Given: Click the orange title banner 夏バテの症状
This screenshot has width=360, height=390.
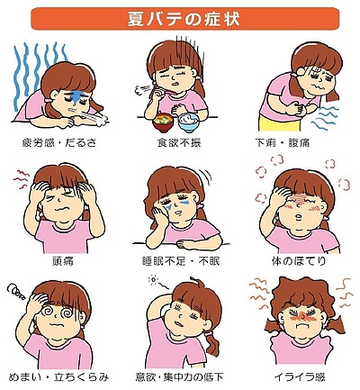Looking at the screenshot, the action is pyautogui.click(x=185, y=19).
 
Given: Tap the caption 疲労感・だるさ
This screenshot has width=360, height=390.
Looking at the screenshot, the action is pyautogui.click(x=59, y=142).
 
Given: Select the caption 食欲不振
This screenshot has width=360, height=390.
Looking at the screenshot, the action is pyautogui.click(x=179, y=142).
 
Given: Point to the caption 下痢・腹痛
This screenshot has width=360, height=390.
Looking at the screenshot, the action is pyautogui.click(x=282, y=142).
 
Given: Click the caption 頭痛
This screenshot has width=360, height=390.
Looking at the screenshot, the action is pyautogui.click(x=63, y=261).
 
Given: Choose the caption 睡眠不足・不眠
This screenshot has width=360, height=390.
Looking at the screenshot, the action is pyautogui.click(x=181, y=261).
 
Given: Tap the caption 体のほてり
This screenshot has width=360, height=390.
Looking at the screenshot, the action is pyautogui.click(x=299, y=261).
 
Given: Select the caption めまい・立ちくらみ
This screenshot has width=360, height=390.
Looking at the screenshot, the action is pyautogui.click(x=58, y=377).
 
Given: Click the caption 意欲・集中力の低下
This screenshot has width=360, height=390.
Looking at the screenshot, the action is pyautogui.click(x=179, y=377).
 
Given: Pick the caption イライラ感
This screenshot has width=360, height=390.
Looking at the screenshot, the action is pyautogui.click(x=300, y=377).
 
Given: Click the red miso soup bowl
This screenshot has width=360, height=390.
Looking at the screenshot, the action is pyautogui.click(x=163, y=122).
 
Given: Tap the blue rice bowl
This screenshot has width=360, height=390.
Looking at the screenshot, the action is pyautogui.click(x=188, y=122).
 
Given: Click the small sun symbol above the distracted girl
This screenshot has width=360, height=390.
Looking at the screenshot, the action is pyautogui.click(x=153, y=280).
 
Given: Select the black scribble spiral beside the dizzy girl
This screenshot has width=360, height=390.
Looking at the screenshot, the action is pyautogui.click(x=17, y=290).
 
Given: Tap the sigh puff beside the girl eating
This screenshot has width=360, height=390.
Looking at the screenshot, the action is pyautogui.click(x=141, y=88).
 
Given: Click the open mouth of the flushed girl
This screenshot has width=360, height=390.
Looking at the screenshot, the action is pyautogui.click(x=299, y=216).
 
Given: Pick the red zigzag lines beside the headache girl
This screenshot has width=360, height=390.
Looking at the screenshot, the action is pyautogui.click(x=21, y=179).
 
